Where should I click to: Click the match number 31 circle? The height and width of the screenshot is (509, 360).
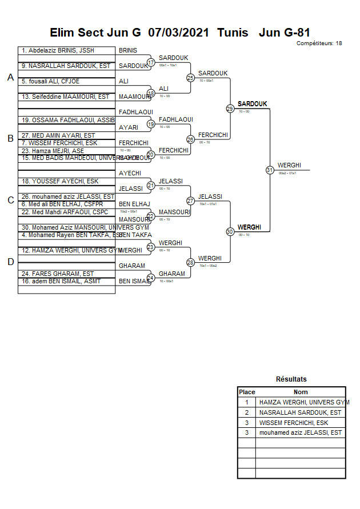270,170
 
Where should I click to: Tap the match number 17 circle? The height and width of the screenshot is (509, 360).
151,62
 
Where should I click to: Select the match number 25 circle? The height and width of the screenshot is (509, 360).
190,78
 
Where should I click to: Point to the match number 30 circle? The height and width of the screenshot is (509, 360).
230,231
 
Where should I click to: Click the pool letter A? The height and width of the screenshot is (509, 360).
10,78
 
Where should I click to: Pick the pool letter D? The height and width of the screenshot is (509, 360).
10,262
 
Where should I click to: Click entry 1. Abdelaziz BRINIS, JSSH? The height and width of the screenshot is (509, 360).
58,50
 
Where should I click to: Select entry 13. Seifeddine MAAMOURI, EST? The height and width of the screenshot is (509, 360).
65,97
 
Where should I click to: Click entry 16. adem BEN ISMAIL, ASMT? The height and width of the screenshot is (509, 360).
62,281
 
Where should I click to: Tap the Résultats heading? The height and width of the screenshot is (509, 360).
291,379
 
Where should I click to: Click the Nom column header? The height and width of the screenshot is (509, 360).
301,392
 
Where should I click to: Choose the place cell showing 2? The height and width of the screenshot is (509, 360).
246,412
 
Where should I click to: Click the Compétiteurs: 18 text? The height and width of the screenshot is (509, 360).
319,43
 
